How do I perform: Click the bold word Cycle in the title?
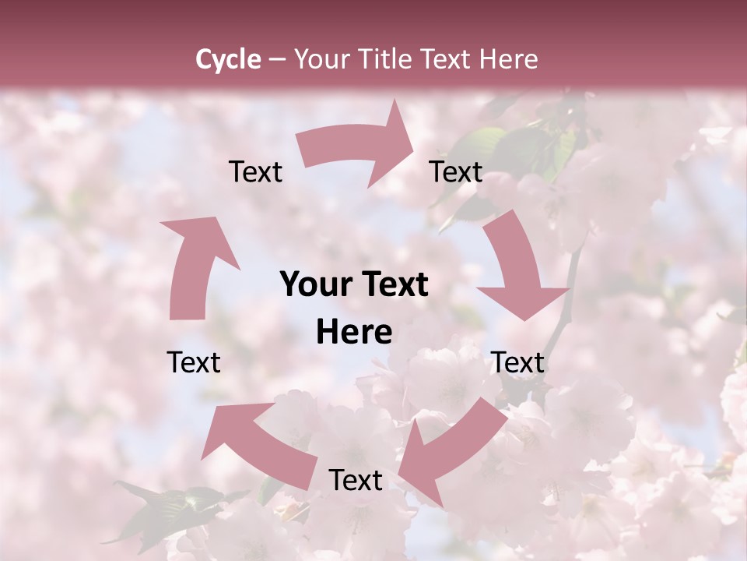pos(228,59)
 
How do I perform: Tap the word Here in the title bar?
pos(509,59)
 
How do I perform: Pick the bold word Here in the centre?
pos(354,333)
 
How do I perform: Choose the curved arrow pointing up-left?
pos(257,440)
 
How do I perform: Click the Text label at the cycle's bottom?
pos(356,481)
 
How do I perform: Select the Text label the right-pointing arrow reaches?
pos(456,172)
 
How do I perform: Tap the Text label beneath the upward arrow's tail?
pos(194,362)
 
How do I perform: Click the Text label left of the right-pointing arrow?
pos(255,172)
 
